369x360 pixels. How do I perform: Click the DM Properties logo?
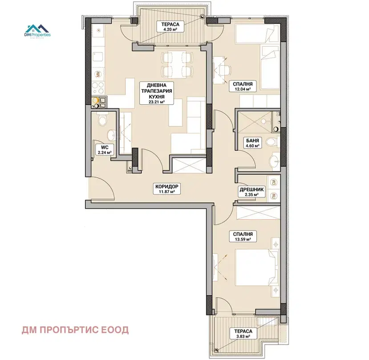[38, 31]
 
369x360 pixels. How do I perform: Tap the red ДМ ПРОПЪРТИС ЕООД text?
[75, 330]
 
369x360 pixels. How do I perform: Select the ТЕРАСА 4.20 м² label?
[170, 27]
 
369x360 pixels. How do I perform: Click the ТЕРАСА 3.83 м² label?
[243, 334]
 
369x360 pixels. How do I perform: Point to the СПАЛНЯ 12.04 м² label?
[243, 86]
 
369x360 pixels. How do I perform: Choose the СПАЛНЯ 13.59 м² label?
[243, 237]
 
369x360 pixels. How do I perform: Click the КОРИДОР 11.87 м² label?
[166, 189]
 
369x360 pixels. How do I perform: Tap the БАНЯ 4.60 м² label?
[252, 143]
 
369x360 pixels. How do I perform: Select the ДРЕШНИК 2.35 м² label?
[251, 192]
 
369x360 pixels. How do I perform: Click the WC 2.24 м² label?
[105, 150]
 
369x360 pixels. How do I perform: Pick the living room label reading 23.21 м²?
[157, 93]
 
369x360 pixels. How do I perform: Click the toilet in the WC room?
[103, 119]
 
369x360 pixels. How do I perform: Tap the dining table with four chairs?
[178, 64]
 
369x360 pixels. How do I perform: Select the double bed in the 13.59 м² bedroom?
[257, 267]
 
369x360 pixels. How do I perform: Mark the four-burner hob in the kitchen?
[98, 88]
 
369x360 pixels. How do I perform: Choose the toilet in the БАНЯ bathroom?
[272, 142]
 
